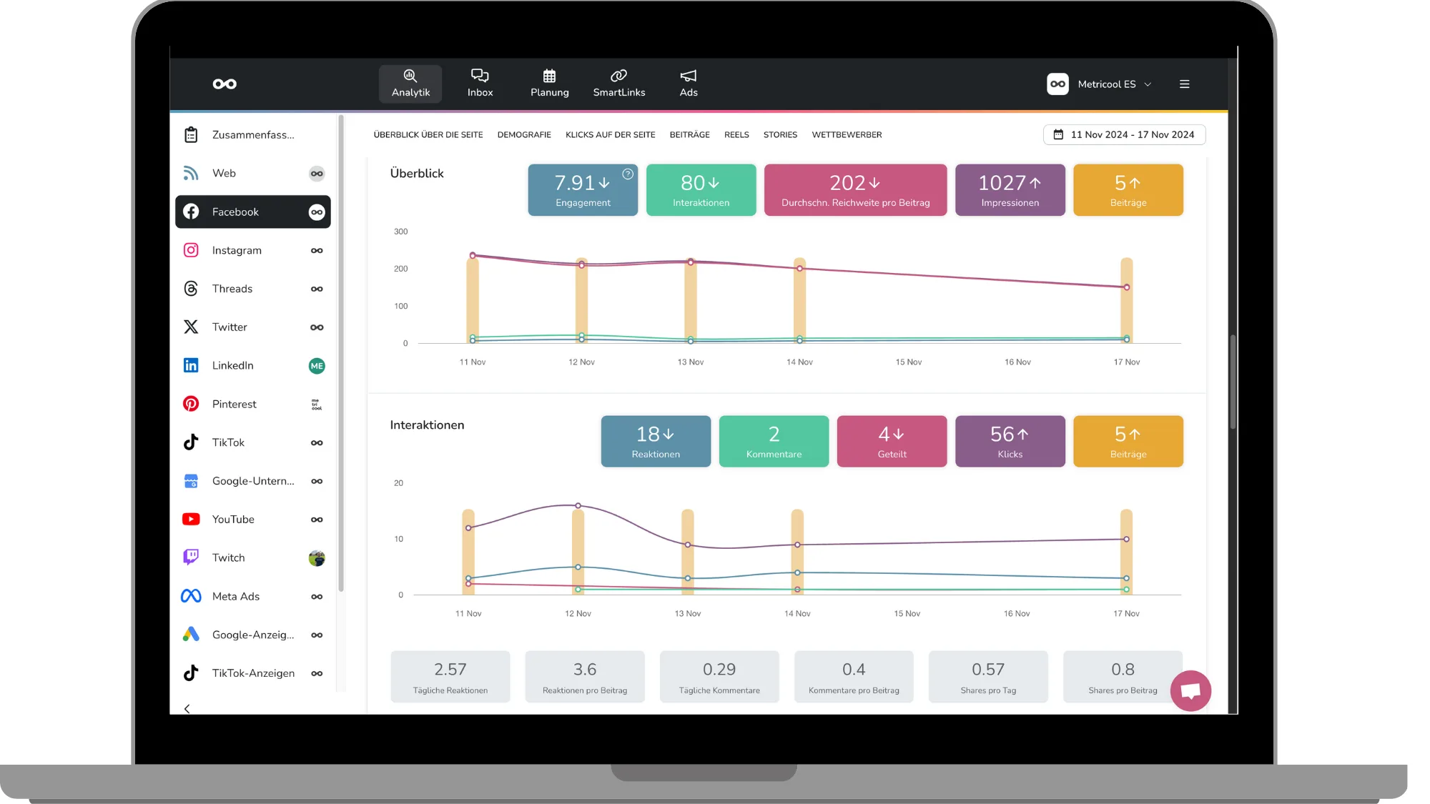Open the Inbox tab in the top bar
click(480, 84)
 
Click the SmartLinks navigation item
click(619, 84)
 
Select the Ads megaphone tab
click(689, 84)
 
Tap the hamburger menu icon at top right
click(1185, 84)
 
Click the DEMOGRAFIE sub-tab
click(524, 135)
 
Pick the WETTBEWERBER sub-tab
click(847, 135)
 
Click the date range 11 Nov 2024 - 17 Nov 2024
click(1125, 135)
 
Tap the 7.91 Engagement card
click(583, 190)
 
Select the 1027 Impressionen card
click(1010, 190)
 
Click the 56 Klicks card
click(1010, 442)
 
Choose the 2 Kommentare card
click(774, 442)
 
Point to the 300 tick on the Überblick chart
click(401, 232)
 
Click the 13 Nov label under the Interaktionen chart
click(688, 614)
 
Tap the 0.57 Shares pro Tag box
click(988, 677)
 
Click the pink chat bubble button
click(1190, 691)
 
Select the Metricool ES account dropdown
click(1100, 84)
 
